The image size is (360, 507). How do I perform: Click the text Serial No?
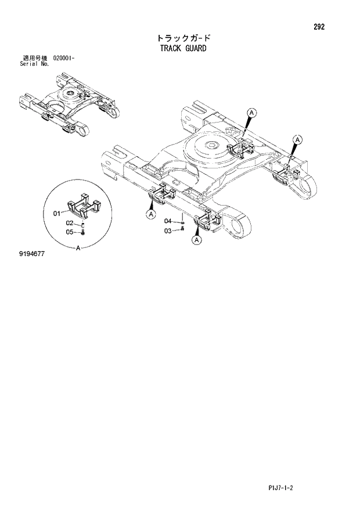[34, 64]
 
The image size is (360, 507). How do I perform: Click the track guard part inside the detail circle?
[85, 208]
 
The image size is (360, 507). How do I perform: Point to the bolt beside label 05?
[82, 232]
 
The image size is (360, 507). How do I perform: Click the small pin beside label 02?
[83, 224]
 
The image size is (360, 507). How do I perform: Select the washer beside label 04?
[182, 221]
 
